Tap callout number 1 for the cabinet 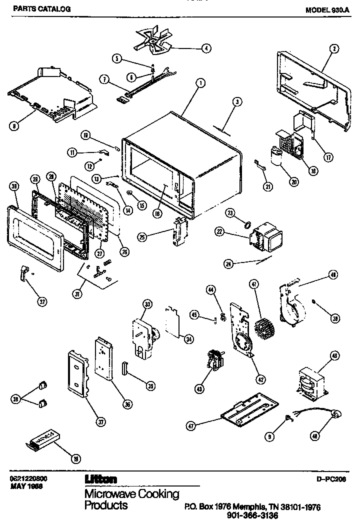tap(199, 82)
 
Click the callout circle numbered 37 tap(101, 422)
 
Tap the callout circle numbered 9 tap(269, 436)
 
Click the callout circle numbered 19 tap(75, 459)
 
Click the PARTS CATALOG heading tap(34, 9)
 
